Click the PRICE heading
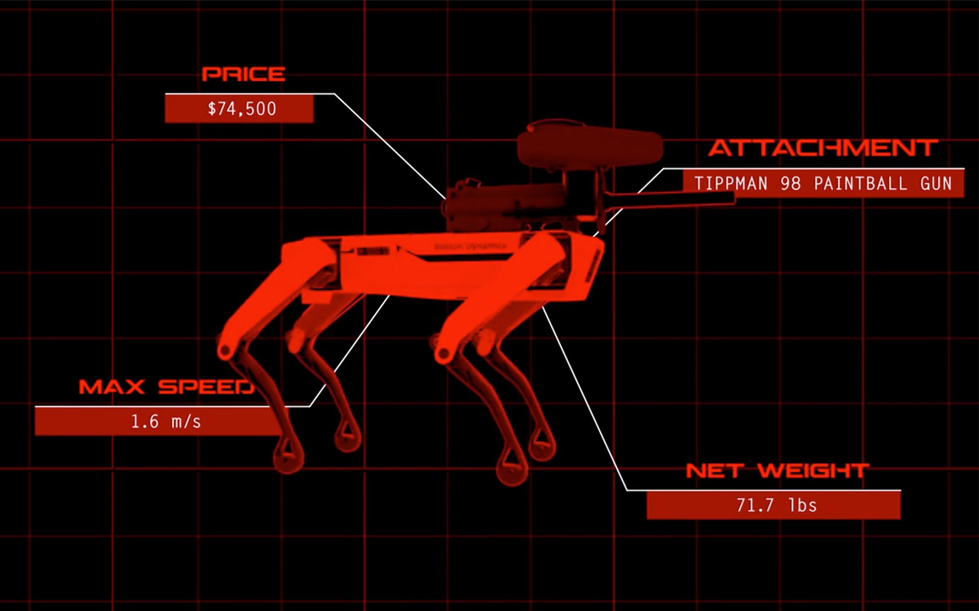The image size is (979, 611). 243,74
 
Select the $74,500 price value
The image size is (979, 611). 242,109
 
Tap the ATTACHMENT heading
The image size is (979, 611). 823,148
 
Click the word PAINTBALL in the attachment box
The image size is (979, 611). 860,183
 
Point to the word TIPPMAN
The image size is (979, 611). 731,183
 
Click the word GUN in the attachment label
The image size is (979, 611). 936,183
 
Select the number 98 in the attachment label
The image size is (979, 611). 790,183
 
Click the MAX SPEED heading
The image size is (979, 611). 166,387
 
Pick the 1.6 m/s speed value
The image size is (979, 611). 166,422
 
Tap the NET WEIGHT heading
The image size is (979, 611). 777,471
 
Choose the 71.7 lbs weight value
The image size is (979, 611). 777,506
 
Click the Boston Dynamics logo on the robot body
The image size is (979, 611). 470,247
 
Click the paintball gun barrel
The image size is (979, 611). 673,199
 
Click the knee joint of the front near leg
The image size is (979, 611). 443,353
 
